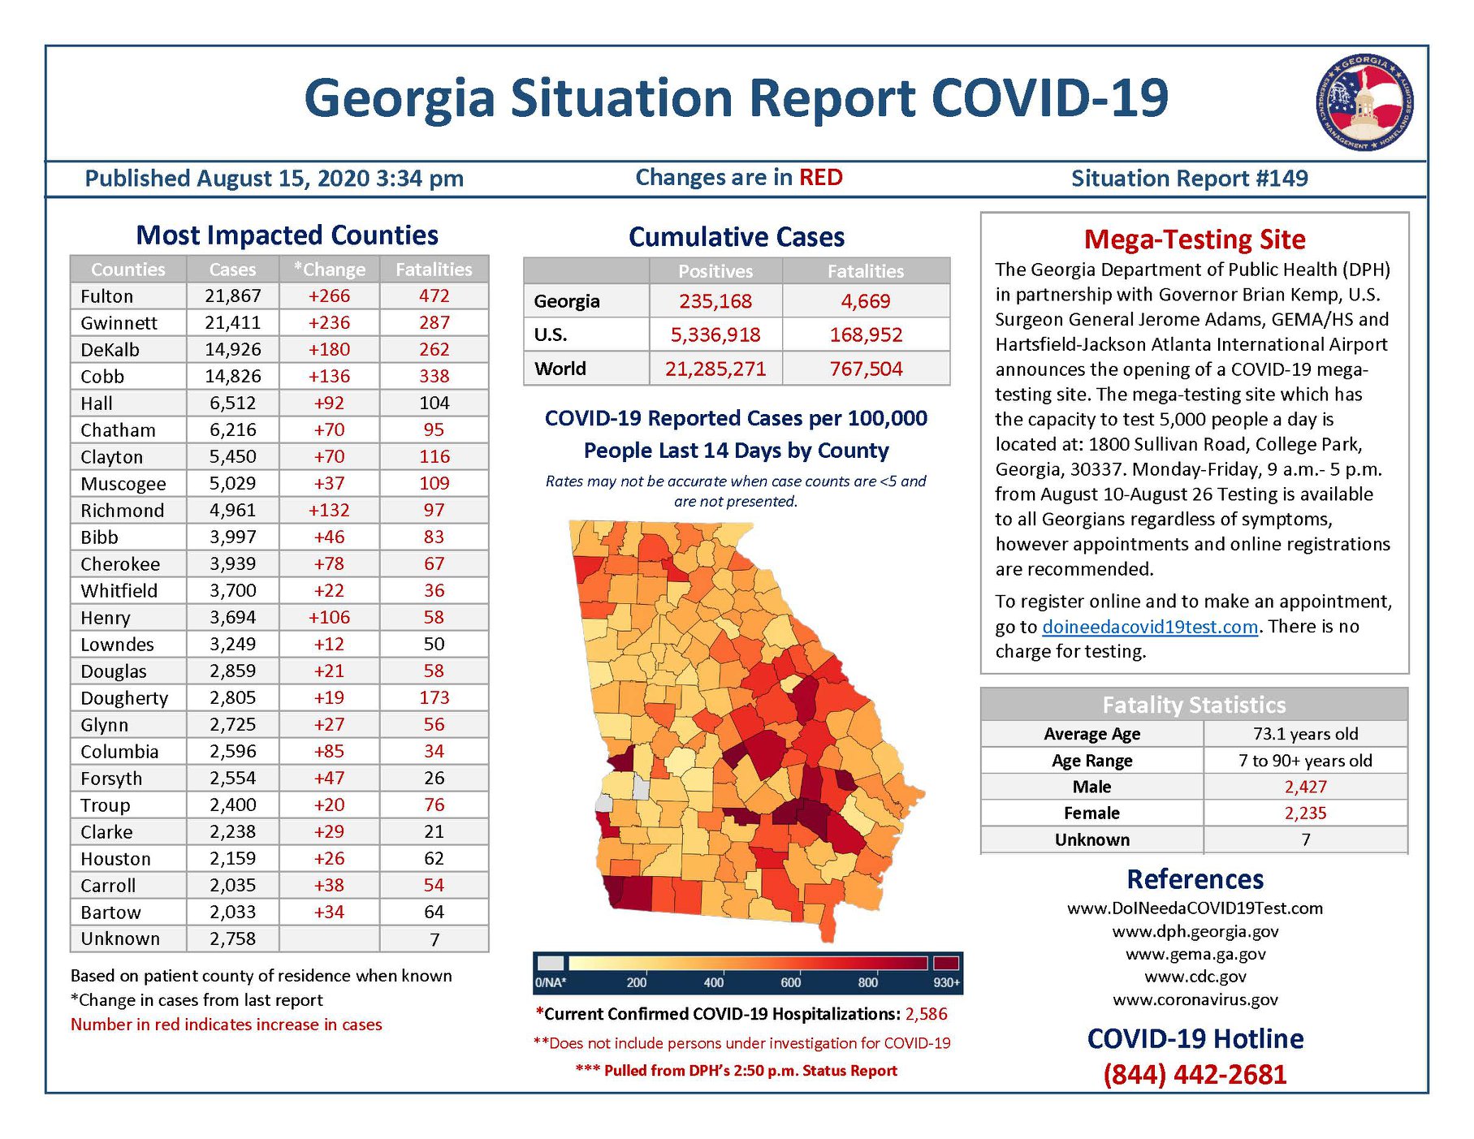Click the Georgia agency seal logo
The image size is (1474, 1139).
click(1364, 103)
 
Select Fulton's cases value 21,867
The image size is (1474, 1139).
click(233, 296)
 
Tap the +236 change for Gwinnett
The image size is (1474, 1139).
click(329, 323)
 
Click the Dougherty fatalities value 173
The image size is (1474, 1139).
click(434, 698)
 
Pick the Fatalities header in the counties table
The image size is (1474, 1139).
click(434, 270)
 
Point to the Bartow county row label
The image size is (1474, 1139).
click(110, 912)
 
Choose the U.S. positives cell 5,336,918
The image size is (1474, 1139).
click(715, 334)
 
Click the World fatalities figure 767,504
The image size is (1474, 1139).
click(866, 369)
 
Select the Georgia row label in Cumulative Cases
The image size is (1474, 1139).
click(567, 301)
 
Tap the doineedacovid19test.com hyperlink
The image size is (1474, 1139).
click(1150, 627)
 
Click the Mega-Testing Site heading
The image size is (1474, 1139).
click(1195, 239)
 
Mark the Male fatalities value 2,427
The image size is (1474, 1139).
click(1306, 787)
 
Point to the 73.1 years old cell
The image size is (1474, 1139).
click(1306, 734)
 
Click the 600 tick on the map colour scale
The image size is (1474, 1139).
click(790, 982)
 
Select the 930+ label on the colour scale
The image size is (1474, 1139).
click(946, 982)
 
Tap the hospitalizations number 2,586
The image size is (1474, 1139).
click(927, 1014)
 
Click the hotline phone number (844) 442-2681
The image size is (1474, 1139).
click(1195, 1075)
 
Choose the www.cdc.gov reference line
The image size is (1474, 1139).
click(1195, 977)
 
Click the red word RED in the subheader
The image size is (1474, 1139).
click(821, 178)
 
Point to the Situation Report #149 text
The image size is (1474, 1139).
click(1190, 179)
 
